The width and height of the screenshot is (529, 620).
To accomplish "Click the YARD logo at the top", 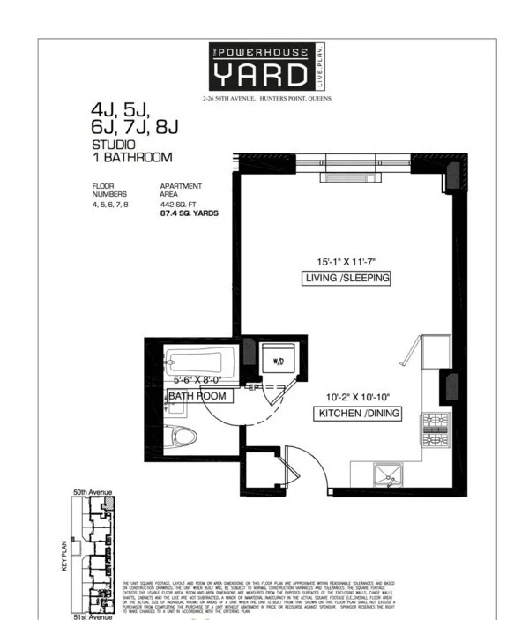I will (264, 66).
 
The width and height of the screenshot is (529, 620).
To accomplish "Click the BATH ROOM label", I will (198, 396).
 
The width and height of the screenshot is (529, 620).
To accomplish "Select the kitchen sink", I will (389, 477).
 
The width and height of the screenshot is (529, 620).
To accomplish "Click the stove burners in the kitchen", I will (435, 430).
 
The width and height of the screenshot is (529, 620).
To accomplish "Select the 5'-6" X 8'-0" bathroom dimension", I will (200, 381).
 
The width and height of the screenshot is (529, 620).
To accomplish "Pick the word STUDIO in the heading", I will (114, 144).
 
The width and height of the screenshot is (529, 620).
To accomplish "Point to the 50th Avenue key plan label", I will (91, 491).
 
